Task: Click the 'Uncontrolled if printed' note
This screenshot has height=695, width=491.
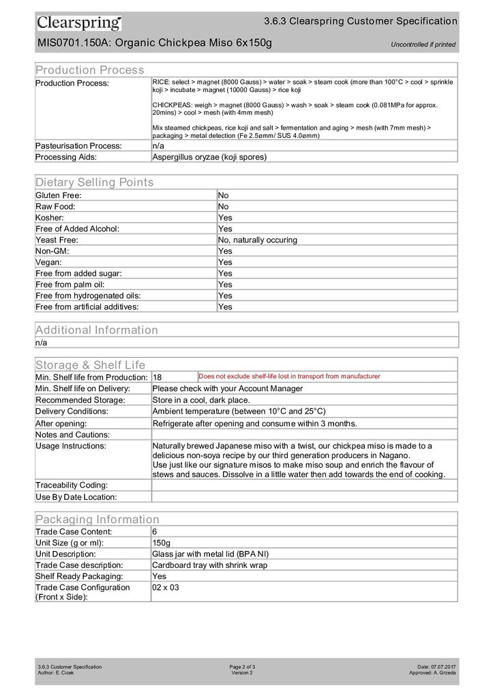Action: point(423,45)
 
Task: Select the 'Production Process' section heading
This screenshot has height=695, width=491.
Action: point(90,70)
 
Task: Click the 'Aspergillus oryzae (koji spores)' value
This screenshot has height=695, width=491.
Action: point(209,156)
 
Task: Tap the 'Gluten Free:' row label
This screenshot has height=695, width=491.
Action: point(59,195)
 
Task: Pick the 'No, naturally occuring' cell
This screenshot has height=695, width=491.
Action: point(258,240)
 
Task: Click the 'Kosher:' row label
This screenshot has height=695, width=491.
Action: point(50,218)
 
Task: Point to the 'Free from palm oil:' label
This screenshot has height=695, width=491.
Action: point(70,284)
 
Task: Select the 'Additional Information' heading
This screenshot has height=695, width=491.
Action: point(97,330)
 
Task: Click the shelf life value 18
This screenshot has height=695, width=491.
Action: point(158,377)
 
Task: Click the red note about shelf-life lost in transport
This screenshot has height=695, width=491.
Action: point(289,376)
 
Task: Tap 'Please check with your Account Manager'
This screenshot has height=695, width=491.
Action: point(228,388)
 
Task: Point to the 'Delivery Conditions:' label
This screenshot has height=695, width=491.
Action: point(72,411)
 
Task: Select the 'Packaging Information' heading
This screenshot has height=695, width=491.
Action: point(98,520)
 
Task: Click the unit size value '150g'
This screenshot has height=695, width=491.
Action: point(162,543)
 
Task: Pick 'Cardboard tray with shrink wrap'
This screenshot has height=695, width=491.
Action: point(210,565)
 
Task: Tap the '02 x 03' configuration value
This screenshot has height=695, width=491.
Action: point(166,587)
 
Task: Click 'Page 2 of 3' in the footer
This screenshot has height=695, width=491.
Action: point(243,666)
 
